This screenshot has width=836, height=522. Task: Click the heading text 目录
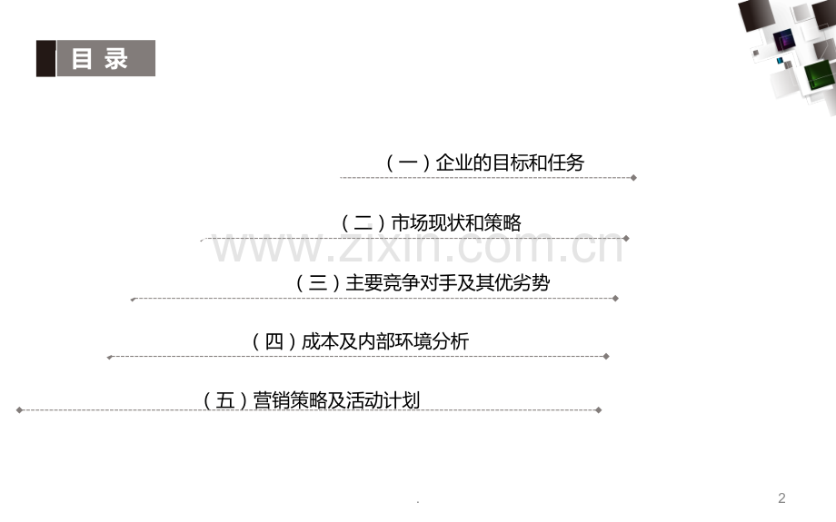(x=100, y=59)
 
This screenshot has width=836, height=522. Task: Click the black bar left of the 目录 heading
(x=45, y=58)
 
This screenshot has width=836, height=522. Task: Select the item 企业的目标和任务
(x=511, y=163)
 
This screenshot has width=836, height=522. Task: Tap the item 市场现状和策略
(x=456, y=222)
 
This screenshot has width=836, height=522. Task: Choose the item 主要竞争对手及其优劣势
(x=448, y=282)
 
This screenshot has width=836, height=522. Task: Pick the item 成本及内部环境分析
(x=385, y=341)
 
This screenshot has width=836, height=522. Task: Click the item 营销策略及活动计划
(x=336, y=400)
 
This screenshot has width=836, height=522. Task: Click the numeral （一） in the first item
(x=408, y=163)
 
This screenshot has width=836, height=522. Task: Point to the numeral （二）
(x=363, y=222)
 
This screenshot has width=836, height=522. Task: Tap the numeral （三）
(x=318, y=282)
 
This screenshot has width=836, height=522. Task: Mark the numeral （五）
(x=225, y=400)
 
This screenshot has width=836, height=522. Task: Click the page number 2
(x=781, y=498)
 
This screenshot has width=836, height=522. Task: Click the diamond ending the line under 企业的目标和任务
(x=633, y=178)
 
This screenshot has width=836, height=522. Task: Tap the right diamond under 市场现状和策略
(x=626, y=239)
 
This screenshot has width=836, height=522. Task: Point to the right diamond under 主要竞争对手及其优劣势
(x=615, y=299)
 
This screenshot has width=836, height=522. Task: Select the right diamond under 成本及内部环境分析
(x=606, y=357)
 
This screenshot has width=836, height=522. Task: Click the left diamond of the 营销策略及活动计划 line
(x=20, y=410)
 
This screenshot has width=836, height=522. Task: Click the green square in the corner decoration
(x=820, y=75)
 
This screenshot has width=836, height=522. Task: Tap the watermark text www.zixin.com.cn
(x=418, y=247)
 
